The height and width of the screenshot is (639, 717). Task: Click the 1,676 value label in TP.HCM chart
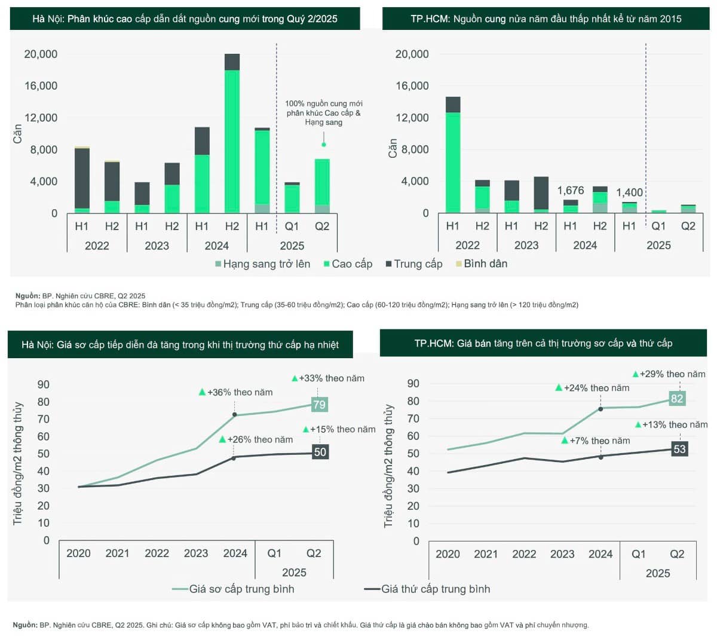pos(571,191)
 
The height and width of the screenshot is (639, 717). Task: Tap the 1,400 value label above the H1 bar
pos(629,192)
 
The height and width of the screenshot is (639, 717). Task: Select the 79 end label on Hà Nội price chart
pos(320,405)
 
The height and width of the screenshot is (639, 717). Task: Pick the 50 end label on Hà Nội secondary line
pos(320,452)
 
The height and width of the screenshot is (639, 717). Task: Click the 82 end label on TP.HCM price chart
pos(677,399)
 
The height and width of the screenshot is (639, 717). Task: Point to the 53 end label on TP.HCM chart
pos(679,449)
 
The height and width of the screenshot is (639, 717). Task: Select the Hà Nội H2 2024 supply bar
pos(232,134)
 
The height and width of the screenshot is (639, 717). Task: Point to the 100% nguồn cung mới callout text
pos(323,112)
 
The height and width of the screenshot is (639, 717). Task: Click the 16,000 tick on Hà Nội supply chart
pos(41,86)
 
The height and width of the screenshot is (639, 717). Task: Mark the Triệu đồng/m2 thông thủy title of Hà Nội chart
pos(18,464)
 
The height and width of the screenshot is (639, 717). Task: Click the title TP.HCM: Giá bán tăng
pos(543,343)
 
